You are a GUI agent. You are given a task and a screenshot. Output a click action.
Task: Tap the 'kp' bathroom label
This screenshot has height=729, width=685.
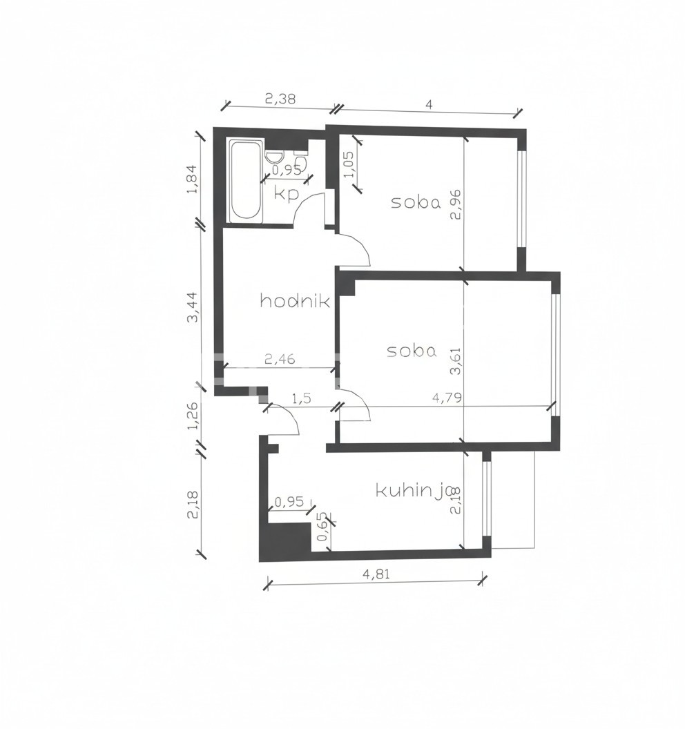coord(286,193)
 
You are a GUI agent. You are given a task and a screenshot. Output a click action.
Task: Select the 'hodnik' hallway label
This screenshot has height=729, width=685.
coord(295,301)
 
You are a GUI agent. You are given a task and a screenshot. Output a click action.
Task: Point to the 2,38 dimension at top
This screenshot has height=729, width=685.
coord(280,99)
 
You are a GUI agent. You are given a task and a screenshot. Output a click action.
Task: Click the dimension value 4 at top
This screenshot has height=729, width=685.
coord(429,104)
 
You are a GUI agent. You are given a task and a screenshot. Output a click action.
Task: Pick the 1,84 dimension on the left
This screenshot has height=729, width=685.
coord(193,180)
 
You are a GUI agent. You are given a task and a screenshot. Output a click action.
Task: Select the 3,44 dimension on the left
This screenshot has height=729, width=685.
coord(193,307)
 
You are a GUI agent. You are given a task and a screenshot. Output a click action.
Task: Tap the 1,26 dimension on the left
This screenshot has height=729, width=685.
coord(193,416)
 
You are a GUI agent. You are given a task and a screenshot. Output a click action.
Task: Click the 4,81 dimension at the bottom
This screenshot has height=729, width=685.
coord(376,574)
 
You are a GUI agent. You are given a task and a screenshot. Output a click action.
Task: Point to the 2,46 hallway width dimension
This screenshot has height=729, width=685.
coord(280,359)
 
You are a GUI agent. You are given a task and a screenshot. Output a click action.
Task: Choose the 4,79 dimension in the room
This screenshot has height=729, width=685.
coord(447,398)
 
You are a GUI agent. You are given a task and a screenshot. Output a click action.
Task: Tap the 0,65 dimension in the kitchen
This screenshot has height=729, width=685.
coord(322,529)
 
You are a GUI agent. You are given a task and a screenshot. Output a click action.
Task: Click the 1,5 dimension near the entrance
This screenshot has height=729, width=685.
coord(301,398)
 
